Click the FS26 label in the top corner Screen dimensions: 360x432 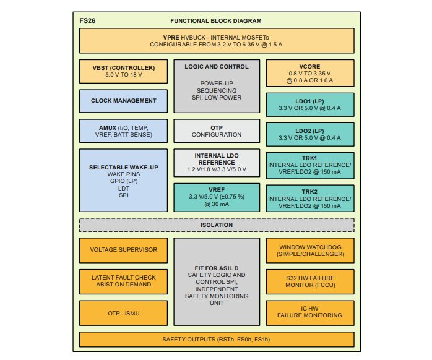[x=87, y=20]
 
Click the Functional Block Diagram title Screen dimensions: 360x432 [x=216, y=20]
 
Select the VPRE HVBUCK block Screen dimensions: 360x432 [x=217, y=40]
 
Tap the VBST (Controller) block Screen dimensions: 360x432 [x=124, y=71]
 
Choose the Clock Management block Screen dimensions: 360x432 [x=124, y=101]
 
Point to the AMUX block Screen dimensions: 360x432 [x=124, y=131]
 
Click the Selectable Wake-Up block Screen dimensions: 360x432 [x=124, y=181]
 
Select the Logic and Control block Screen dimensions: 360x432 [x=217, y=86]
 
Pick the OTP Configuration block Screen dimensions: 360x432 [x=217, y=131]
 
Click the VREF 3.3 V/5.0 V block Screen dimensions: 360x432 [x=217, y=199]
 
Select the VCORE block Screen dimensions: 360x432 [x=310, y=72]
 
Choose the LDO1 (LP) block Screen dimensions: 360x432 [x=310, y=105]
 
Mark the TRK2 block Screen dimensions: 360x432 [x=310, y=199]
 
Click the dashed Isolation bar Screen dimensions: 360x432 [x=217, y=225]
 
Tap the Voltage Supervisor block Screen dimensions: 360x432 [x=124, y=250]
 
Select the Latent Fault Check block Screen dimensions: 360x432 [x=124, y=281]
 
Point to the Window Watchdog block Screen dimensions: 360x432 [x=310, y=250]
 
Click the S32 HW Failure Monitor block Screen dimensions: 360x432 [x=310, y=281]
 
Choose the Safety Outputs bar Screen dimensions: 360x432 [x=217, y=340]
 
